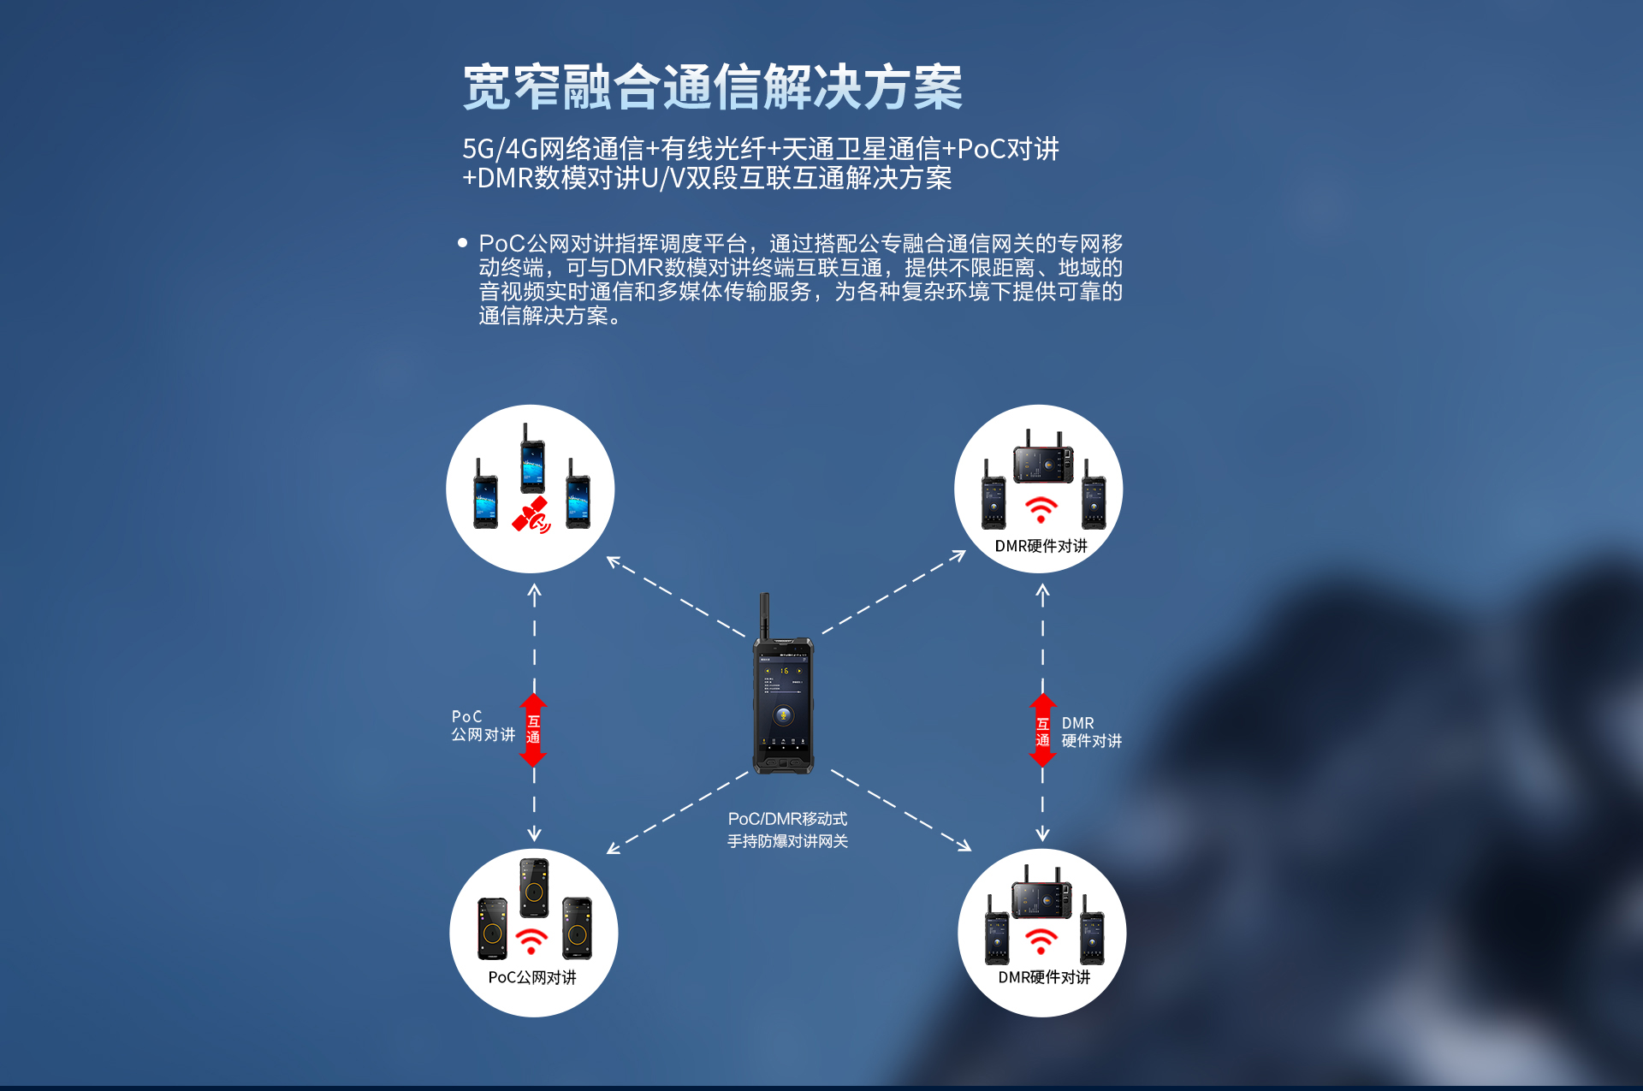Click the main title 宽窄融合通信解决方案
(x=713, y=86)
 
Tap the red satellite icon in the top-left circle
(x=531, y=515)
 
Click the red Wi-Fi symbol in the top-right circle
(x=1041, y=509)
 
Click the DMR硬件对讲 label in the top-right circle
(x=1041, y=546)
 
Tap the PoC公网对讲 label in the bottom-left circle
(x=532, y=977)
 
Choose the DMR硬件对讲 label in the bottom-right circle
(x=1044, y=977)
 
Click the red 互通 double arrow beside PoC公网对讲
(x=533, y=730)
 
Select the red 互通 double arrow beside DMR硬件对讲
(x=1042, y=730)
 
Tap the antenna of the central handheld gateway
(x=765, y=616)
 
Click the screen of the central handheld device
(x=783, y=703)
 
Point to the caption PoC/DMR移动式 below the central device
(x=787, y=819)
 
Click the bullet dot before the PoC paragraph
(x=463, y=243)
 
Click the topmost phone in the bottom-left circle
(x=534, y=888)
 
